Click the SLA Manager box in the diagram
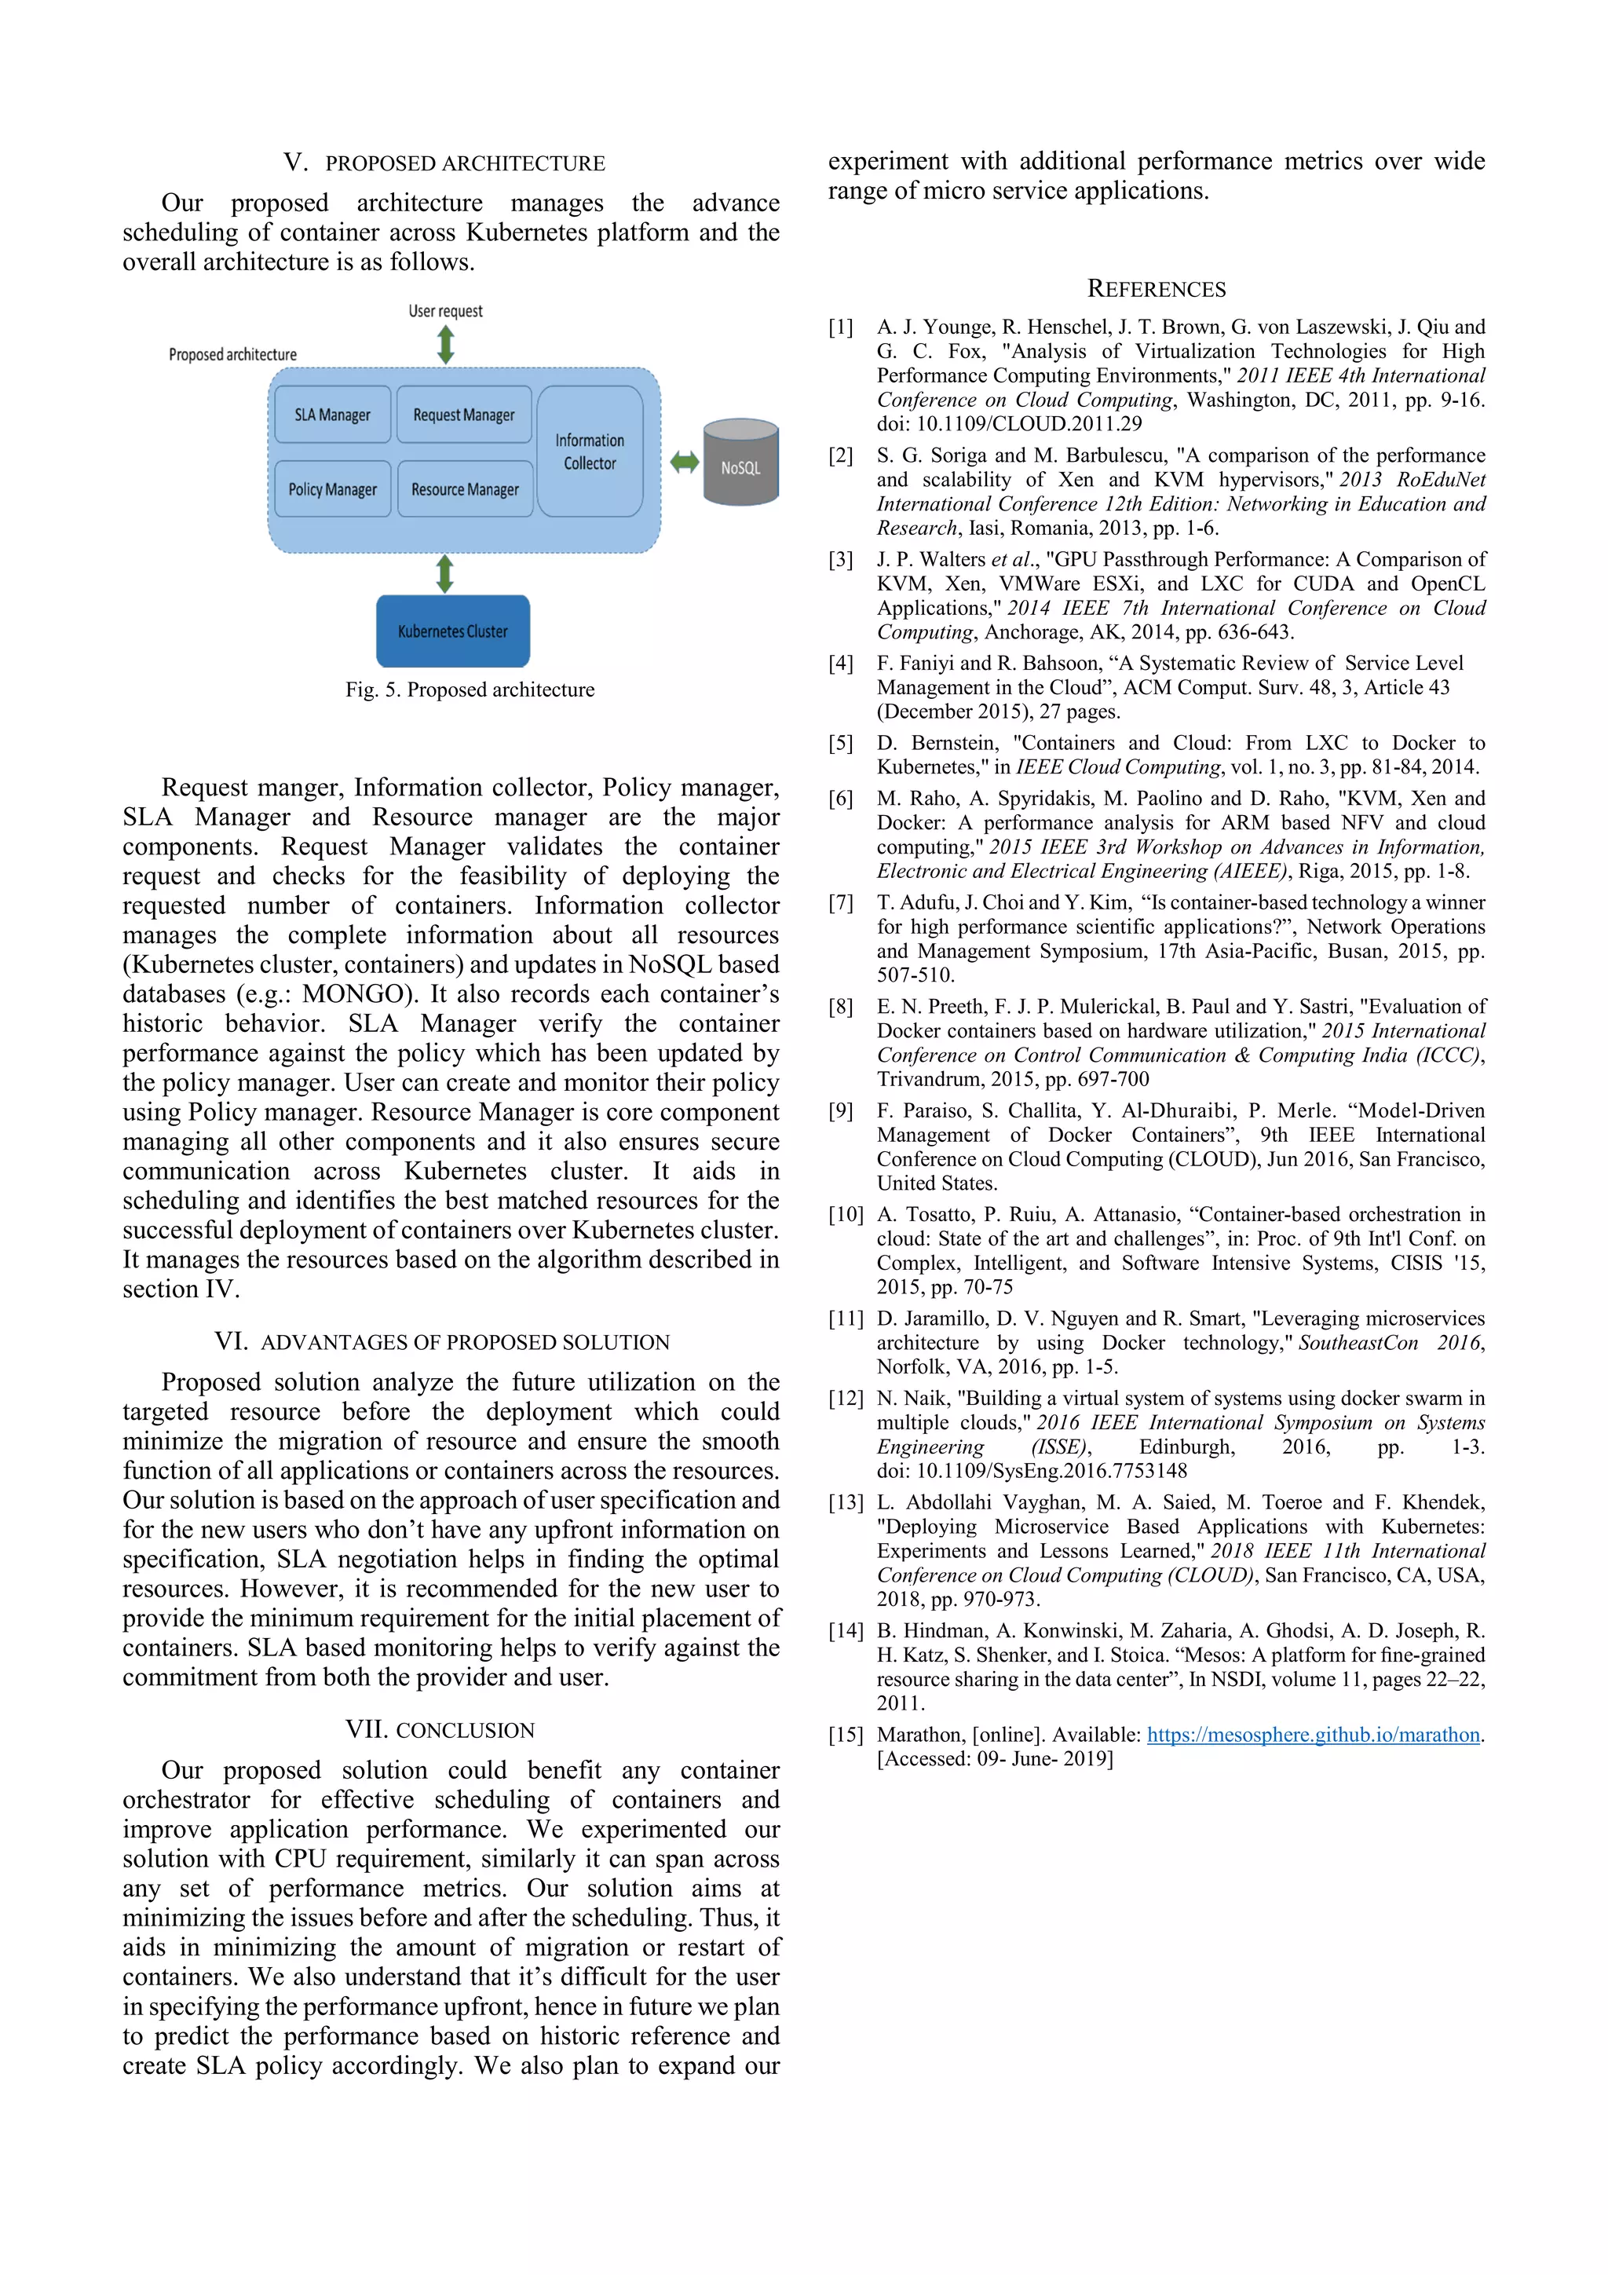pos(332,414)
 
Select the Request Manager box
pos(464,414)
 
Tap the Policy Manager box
pos(332,488)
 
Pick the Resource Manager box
pos(465,488)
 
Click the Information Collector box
pos(590,452)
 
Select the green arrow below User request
pos(446,344)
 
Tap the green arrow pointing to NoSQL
pos(684,462)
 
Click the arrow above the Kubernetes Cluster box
pos(445,574)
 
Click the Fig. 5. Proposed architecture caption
pos(470,689)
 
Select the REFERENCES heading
pos(1157,289)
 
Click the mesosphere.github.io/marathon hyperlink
pos(1313,1734)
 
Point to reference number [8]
pos(841,1007)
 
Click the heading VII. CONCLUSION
pos(440,1730)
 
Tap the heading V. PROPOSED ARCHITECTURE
pos(444,163)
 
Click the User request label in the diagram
pos(446,311)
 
